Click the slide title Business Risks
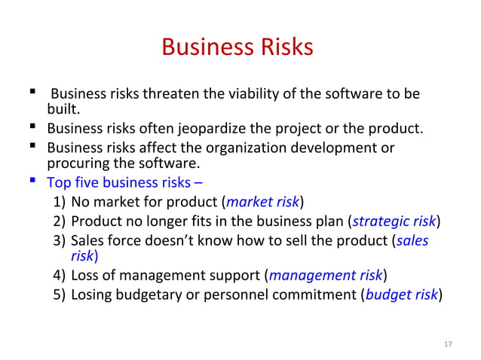[237, 47]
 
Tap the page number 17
[448, 344]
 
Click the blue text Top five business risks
[119, 183]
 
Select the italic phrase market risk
[263, 202]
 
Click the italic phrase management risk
[326, 275]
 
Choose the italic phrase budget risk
[400, 294]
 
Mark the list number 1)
[60, 202]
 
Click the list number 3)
[60, 240]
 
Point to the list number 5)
[60, 294]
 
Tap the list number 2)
[60, 221]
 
